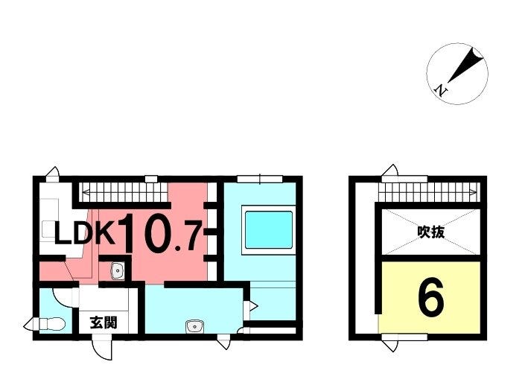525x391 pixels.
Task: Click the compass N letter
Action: click(441, 89)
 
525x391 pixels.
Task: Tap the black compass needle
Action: click(465, 66)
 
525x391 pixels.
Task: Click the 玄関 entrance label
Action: click(104, 322)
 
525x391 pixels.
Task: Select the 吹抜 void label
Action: click(431, 232)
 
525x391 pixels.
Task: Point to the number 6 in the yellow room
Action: click(431, 298)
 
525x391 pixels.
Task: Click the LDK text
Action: click(85, 233)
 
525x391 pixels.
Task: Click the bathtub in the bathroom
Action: click(269, 229)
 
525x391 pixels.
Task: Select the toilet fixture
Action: click(52, 324)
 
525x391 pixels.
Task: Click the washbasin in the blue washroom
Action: click(195, 326)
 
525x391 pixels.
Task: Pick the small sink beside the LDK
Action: click(117, 270)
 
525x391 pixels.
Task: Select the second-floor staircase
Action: click(428, 192)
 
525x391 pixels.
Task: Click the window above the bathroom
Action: click(260, 179)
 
